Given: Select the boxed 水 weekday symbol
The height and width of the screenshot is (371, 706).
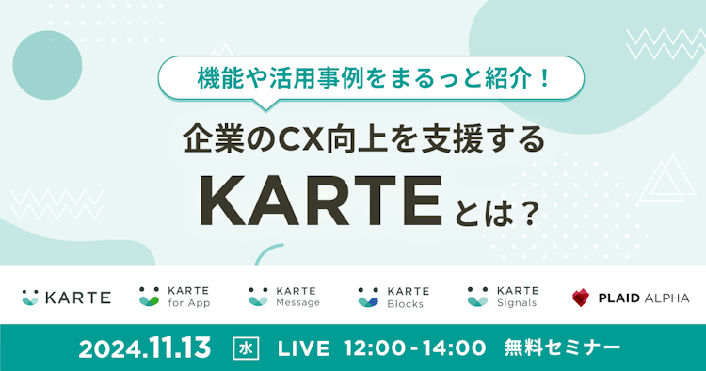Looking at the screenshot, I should click(x=244, y=347).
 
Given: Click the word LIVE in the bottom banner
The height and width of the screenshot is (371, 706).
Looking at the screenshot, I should click(x=303, y=347).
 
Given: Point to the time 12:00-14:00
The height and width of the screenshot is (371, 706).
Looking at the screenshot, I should click(x=416, y=347).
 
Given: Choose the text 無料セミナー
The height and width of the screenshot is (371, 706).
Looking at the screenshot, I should click(x=563, y=347).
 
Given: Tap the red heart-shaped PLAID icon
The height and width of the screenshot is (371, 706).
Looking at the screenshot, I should click(x=581, y=298).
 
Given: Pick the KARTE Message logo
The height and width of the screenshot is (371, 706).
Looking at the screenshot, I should click(x=283, y=297).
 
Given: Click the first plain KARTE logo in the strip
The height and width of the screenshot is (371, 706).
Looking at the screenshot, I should click(x=66, y=298).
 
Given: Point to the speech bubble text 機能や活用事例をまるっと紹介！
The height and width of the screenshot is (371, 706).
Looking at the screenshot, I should click(x=373, y=75).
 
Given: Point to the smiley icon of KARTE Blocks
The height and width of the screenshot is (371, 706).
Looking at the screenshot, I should click(x=368, y=298).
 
